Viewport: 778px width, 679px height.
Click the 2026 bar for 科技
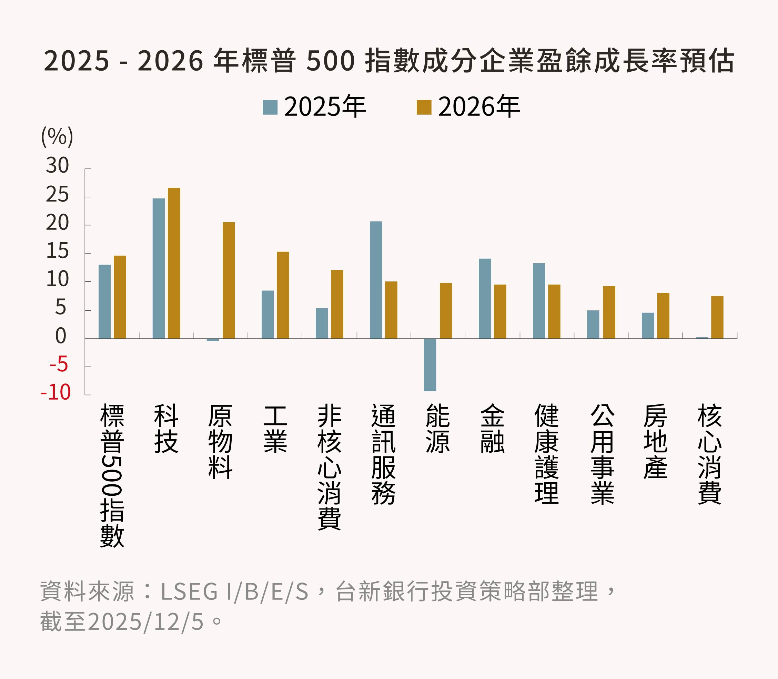click(174, 263)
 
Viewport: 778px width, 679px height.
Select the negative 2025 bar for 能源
click(430, 364)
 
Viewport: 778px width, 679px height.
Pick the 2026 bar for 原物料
click(229, 280)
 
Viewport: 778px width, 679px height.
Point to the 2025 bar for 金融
click(485, 298)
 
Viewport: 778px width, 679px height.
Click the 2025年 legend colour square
click(270, 107)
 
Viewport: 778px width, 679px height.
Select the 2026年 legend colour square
click(424, 107)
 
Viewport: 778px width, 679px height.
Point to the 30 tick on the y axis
click(57, 166)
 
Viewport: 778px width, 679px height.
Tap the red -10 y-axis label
click(56, 392)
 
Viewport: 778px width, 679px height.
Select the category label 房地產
click(655, 441)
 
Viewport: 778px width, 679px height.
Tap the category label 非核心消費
click(329, 467)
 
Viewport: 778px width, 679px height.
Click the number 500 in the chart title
click(330, 61)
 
